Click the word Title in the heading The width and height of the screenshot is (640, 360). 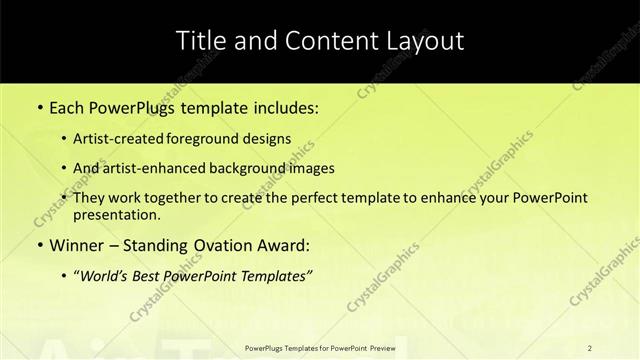[x=200, y=41]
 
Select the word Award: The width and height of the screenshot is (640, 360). [x=287, y=244]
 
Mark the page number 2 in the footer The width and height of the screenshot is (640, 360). [x=590, y=347]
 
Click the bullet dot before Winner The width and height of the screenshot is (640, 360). [x=39, y=245]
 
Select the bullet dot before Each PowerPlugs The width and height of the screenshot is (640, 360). [x=39, y=107]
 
